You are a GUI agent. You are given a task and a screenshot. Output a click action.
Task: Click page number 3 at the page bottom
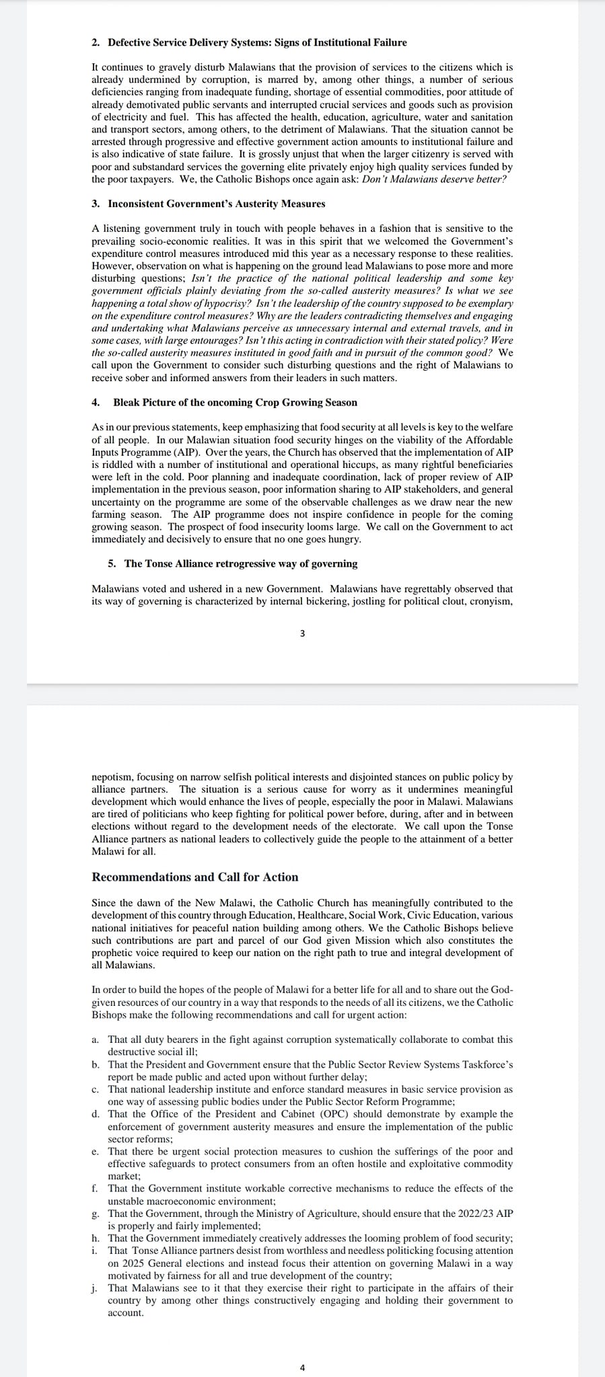pos(302,633)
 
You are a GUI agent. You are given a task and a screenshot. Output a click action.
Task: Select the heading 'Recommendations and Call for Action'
pos(194,877)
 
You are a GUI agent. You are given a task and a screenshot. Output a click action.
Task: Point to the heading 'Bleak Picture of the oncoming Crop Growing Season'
pos(235,402)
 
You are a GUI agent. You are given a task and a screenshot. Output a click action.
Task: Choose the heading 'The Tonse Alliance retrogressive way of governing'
pos(240,563)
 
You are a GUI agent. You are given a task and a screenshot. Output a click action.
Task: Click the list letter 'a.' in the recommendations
pos(96,1039)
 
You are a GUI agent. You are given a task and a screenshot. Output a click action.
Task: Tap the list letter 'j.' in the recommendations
pos(95,1288)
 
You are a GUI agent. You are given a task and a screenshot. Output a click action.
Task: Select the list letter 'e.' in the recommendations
pos(96,1152)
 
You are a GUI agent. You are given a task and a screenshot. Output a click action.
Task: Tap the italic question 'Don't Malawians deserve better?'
pos(434,180)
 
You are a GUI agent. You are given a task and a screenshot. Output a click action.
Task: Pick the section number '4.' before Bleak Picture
pos(96,402)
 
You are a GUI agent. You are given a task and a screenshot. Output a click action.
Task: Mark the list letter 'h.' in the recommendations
pos(96,1238)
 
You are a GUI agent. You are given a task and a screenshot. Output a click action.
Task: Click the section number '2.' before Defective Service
pos(96,42)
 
